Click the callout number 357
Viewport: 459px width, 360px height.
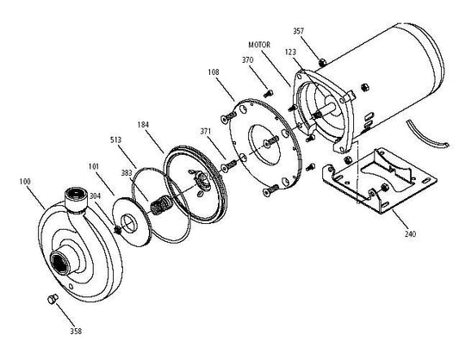click(299, 31)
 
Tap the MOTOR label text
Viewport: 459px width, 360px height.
click(259, 45)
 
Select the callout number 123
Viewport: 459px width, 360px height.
click(290, 52)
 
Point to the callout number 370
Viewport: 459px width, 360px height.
click(248, 60)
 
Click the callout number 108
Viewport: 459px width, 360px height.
click(214, 72)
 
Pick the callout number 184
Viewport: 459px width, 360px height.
click(143, 125)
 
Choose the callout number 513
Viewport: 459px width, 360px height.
click(115, 140)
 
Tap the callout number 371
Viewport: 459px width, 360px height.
click(206, 132)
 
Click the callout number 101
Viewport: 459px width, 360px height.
click(94, 166)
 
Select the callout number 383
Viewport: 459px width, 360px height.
click(127, 173)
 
